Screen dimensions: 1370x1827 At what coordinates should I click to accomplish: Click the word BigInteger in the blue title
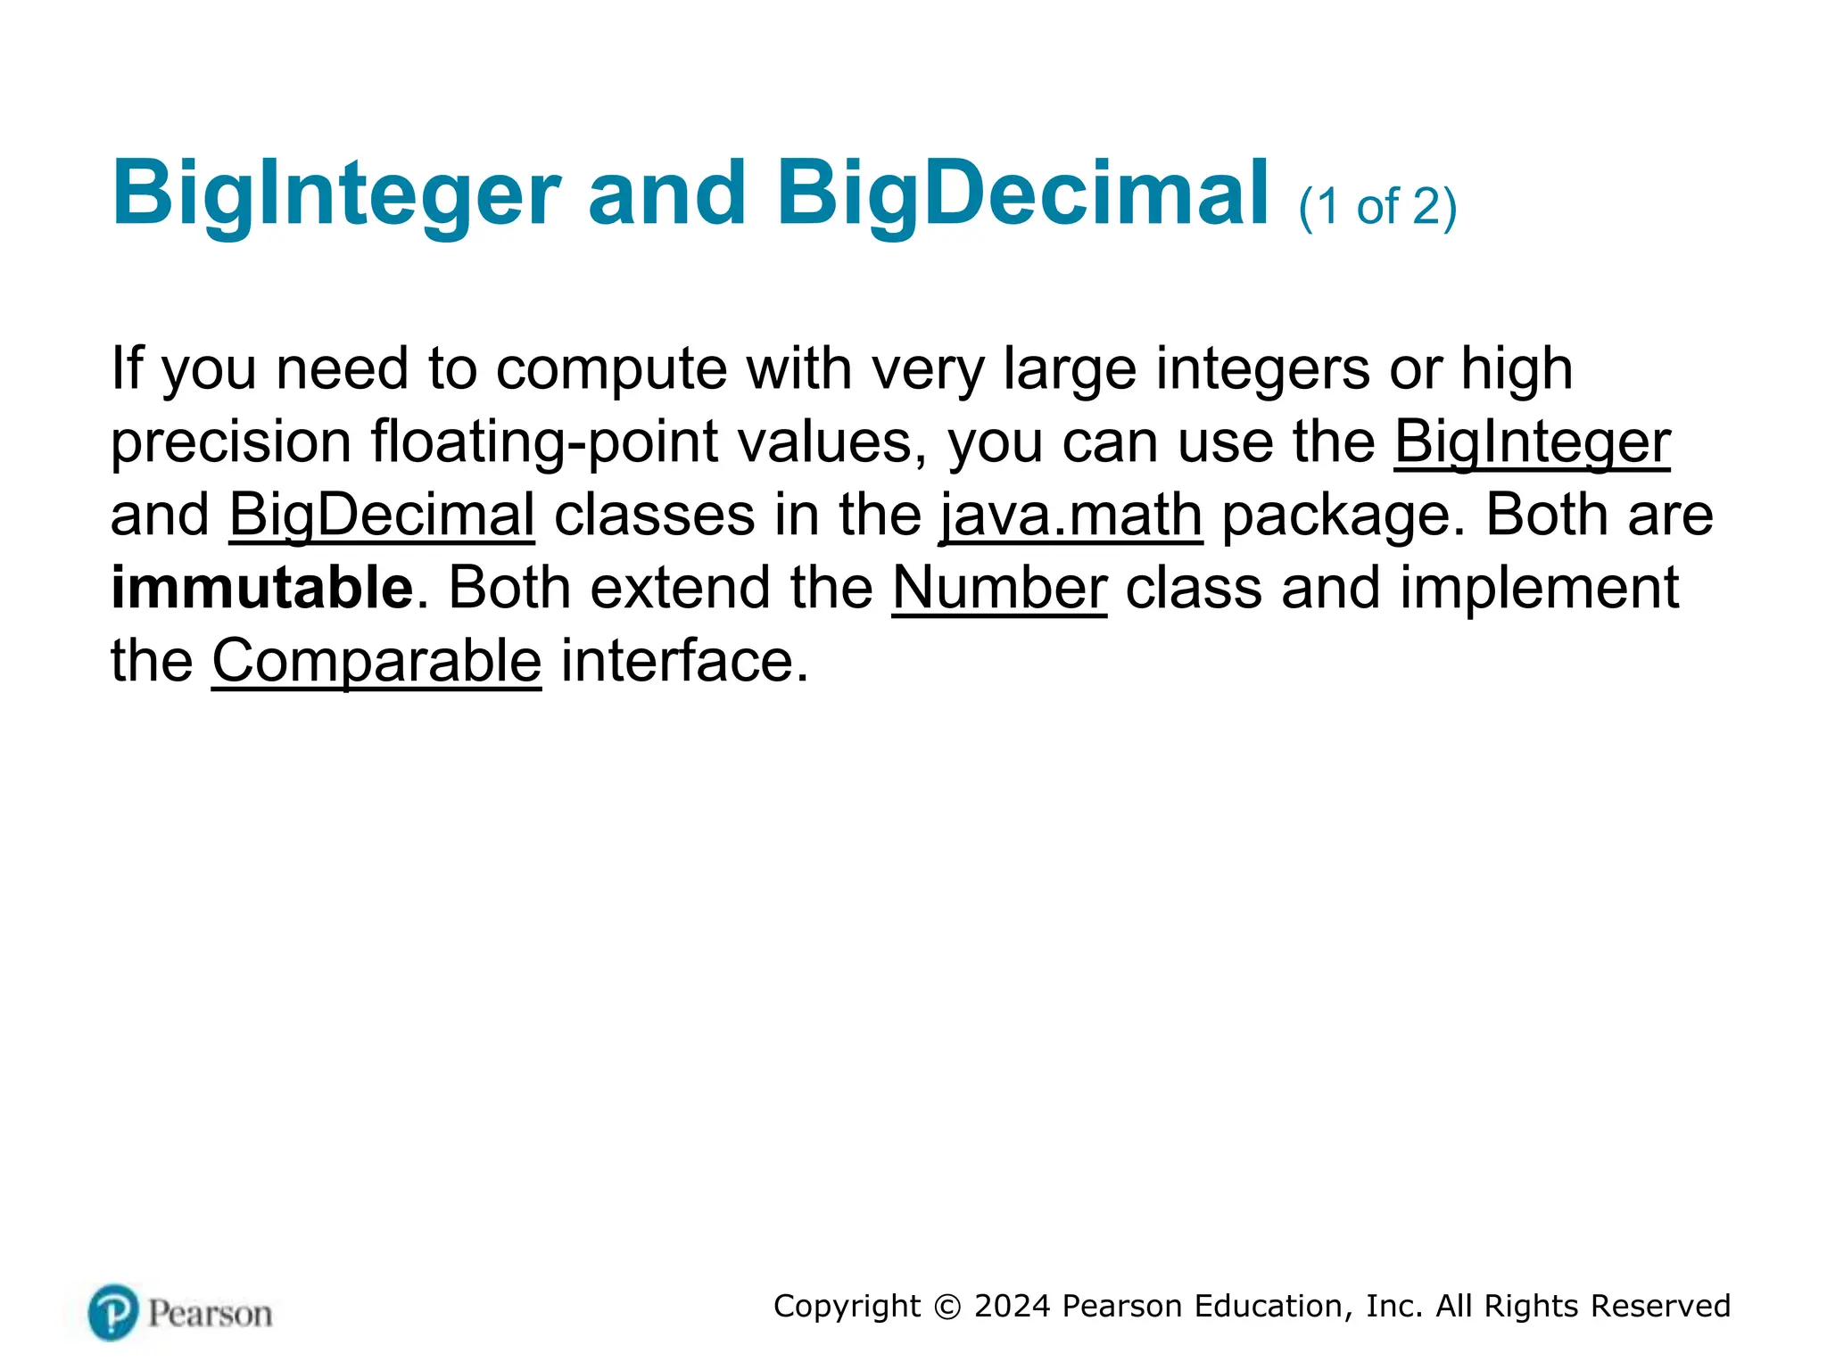click(336, 194)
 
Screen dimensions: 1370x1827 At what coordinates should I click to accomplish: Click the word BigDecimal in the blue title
click(1022, 194)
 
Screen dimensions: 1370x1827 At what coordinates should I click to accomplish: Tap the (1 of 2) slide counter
click(1377, 207)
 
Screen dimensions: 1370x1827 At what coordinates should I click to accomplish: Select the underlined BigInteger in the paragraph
click(1532, 442)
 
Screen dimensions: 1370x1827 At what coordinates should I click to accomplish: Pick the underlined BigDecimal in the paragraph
click(382, 515)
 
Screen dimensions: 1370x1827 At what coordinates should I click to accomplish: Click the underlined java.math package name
click(1071, 515)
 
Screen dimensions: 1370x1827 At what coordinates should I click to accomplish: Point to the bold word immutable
click(262, 588)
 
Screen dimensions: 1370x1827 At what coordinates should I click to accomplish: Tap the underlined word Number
click(999, 588)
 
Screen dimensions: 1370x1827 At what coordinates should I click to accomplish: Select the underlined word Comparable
click(376, 661)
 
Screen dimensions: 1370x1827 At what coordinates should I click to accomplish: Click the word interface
click(683, 661)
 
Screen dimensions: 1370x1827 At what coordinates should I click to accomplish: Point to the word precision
click(231, 442)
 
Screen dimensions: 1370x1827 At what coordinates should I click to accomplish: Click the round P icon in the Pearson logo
click(113, 1312)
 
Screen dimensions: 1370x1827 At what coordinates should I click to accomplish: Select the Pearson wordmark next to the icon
click(210, 1314)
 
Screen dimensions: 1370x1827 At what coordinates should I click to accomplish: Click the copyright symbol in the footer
click(947, 1307)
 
